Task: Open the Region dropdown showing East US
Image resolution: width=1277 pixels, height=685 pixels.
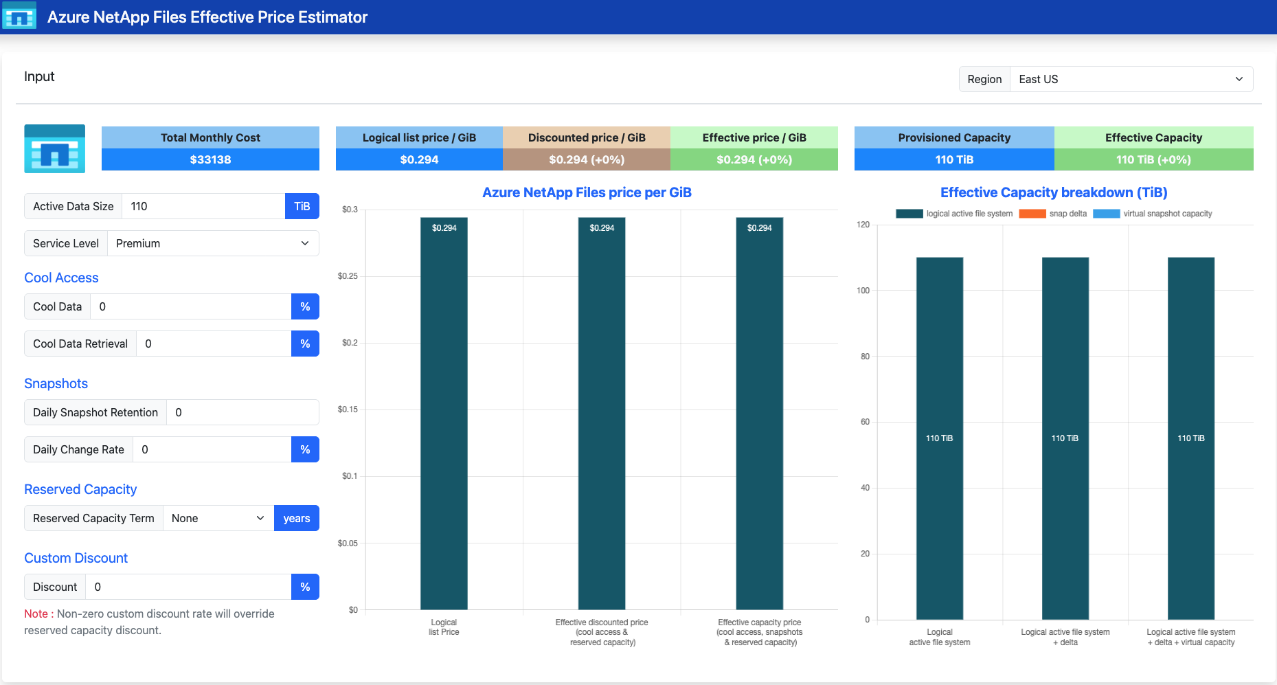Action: tap(1131, 79)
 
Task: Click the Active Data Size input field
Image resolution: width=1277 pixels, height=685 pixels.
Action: tap(203, 206)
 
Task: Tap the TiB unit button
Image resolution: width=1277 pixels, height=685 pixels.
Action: tap(302, 206)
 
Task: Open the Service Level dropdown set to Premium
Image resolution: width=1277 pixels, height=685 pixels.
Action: tap(213, 243)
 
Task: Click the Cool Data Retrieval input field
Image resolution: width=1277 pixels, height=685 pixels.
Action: tap(214, 344)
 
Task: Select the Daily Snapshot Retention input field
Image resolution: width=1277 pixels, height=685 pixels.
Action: tap(242, 412)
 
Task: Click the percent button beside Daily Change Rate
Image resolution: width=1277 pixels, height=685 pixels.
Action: tap(305, 449)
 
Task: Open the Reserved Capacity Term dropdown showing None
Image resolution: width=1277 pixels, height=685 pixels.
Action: tap(218, 518)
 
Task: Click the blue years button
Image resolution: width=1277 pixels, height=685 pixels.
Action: tap(297, 518)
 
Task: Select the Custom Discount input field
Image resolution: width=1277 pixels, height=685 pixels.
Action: tap(188, 587)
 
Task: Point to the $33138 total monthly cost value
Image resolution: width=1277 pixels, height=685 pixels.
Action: tap(210, 159)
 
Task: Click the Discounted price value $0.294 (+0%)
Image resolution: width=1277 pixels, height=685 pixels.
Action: tap(587, 159)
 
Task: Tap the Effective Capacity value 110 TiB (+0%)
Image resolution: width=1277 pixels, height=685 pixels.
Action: tap(1153, 159)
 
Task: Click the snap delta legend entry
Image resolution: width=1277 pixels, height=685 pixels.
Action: tap(1053, 214)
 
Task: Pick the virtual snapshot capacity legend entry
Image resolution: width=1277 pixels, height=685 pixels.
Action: tap(1153, 214)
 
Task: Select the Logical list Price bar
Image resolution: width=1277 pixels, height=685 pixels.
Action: tap(444, 414)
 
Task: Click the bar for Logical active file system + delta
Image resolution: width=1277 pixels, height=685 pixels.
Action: tap(1065, 438)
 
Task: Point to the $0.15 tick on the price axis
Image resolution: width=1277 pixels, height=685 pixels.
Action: tap(348, 409)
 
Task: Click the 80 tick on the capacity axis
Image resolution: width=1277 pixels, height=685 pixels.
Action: tap(865, 357)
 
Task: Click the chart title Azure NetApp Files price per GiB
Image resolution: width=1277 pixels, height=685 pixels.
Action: tap(587, 192)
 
